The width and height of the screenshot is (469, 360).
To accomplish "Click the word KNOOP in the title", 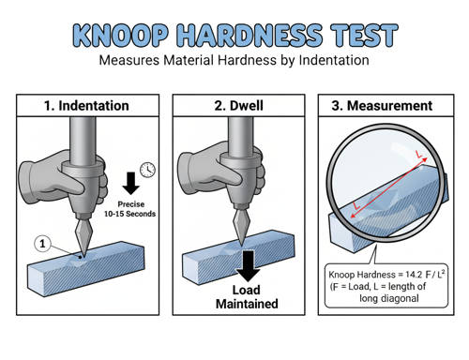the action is [x=121, y=36].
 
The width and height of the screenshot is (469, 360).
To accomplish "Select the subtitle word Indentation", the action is [x=334, y=60].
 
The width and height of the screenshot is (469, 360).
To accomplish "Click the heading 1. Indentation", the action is [x=86, y=106].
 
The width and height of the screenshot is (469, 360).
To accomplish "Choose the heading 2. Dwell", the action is [x=238, y=106].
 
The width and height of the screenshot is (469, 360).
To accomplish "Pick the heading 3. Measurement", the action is [x=382, y=106].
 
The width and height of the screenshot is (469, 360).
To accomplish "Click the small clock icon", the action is [x=147, y=170].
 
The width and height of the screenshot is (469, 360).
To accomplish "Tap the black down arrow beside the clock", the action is [x=130, y=183].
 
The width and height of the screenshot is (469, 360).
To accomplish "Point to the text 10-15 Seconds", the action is [x=129, y=214].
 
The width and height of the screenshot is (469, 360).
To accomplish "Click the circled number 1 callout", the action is [x=42, y=244].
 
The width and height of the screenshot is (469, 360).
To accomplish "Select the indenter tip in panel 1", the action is [x=83, y=256].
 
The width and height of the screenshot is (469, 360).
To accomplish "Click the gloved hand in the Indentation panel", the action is [x=63, y=177].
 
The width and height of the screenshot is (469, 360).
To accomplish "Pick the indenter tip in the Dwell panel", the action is [x=241, y=242].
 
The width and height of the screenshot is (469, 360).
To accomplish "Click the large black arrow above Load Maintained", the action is [x=249, y=266].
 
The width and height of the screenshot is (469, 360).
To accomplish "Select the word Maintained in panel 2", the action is [x=247, y=304].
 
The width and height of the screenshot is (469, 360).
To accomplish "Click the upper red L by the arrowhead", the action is [x=418, y=154].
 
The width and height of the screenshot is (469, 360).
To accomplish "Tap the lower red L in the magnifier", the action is [x=356, y=205].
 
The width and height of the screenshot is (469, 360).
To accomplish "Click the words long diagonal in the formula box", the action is [x=389, y=298].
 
